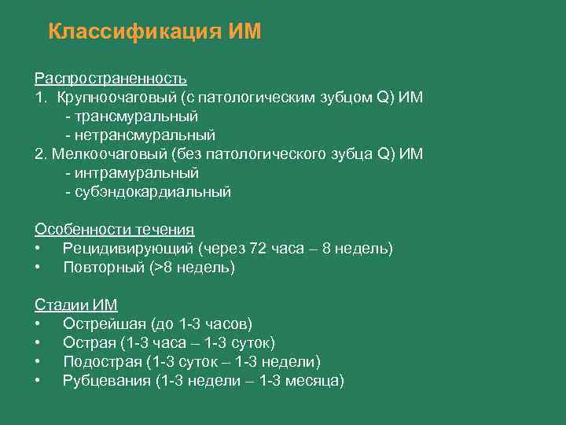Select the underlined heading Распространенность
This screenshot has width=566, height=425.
[x=111, y=78]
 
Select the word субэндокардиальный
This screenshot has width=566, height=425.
[x=152, y=191]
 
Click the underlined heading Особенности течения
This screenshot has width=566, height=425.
[x=114, y=229]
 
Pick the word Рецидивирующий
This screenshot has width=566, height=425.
[x=127, y=248]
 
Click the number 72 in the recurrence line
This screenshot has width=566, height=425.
[x=258, y=248]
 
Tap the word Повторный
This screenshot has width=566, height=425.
[x=103, y=267]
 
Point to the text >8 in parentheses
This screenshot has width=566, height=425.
[x=163, y=267]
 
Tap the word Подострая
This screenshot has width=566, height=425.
[x=101, y=361]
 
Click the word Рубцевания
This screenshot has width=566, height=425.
[x=106, y=380]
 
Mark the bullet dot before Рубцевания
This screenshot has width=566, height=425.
[x=38, y=381]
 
